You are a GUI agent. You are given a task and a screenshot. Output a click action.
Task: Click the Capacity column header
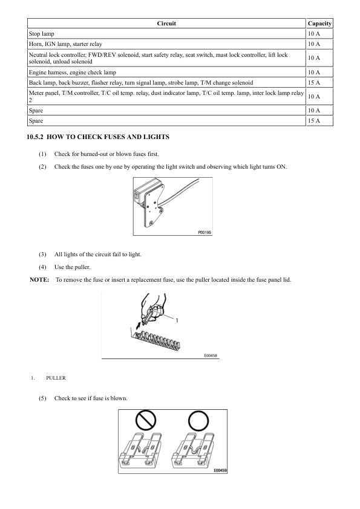[x=319, y=24]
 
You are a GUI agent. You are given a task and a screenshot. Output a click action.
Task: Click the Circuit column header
[x=166, y=24]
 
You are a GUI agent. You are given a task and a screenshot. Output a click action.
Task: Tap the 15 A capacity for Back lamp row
[x=314, y=83]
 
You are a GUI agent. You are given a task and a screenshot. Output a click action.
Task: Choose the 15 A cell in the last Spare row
[x=314, y=121]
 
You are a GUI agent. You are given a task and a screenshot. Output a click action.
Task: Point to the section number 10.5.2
[x=34, y=137]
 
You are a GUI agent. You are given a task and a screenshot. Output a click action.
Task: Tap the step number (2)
[x=42, y=167]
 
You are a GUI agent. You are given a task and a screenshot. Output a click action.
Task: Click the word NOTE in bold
[x=39, y=280]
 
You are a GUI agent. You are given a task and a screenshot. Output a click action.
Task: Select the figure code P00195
[x=205, y=232]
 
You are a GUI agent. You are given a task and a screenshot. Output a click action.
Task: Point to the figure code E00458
[x=211, y=356]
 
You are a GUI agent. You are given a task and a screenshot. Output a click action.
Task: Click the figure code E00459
[x=220, y=470]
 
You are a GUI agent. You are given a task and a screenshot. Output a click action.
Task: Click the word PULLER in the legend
[x=56, y=378]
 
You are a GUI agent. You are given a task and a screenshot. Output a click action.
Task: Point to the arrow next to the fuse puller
[x=139, y=324]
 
